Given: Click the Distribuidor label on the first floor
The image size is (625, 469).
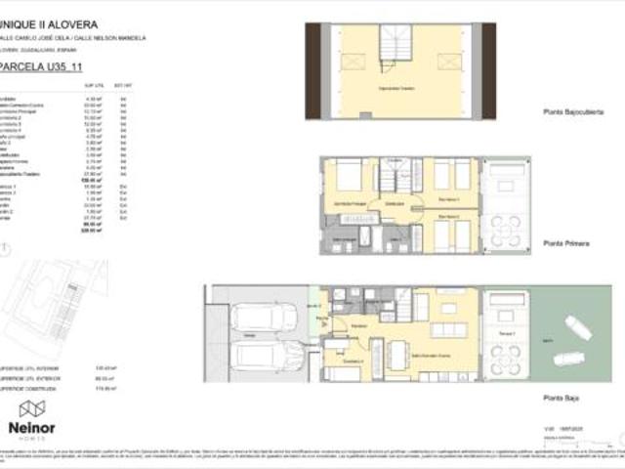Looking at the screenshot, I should point(395,204).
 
